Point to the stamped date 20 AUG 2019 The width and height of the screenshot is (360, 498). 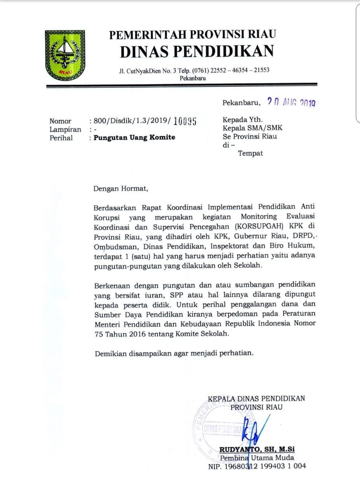click(x=291, y=102)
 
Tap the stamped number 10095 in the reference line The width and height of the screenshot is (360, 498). click(x=185, y=121)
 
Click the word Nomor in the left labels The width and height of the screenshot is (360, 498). click(x=60, y=121)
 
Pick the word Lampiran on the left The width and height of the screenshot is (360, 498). click(x=65, y=129)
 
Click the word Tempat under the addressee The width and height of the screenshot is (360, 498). click(x=250, y=153)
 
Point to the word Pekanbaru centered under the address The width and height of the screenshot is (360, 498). click(x=193, y=78)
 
